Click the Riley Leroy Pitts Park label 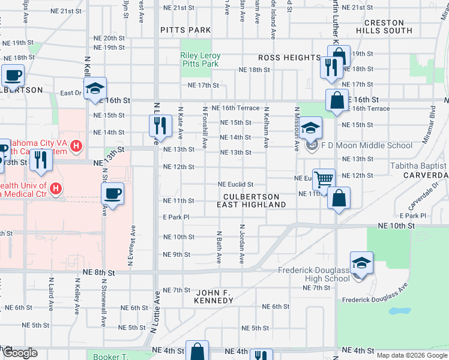coord(200,59)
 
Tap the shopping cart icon coord(324,178)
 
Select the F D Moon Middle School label coord(366,145)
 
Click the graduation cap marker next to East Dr coord(95,89)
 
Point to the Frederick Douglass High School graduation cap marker coord(361,263)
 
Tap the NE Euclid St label coord(235,184)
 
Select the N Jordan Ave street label coord(242,245)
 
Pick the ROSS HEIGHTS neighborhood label coord(289,58)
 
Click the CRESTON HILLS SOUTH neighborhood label coord(388,26)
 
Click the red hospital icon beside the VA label coord(76,145)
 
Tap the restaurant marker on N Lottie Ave coord(158,125)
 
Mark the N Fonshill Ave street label coord(205,128)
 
